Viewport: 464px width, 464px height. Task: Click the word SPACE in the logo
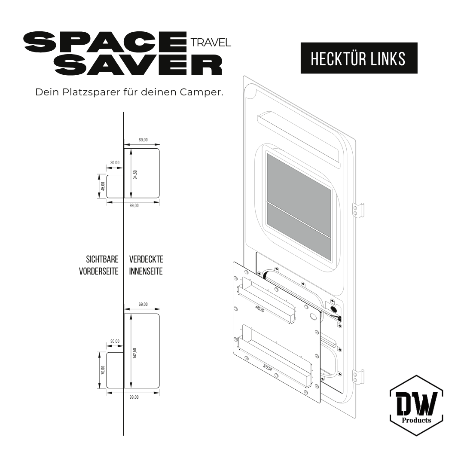[x=106, y=42]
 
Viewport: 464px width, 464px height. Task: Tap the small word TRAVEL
[x=210, y=42]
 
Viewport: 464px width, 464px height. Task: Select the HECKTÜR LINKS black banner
[x=358, y=58]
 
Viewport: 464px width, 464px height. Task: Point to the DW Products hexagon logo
[x=416, y=406]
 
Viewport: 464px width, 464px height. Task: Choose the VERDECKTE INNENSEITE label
[x=146, y=266]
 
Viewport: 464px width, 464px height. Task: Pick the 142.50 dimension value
[x=135, y=353]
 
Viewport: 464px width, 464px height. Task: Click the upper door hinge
[x=359, y=209]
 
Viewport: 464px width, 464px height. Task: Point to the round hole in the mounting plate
[x=313, y=316]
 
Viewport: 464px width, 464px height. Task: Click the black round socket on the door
[x=333, y=308]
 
